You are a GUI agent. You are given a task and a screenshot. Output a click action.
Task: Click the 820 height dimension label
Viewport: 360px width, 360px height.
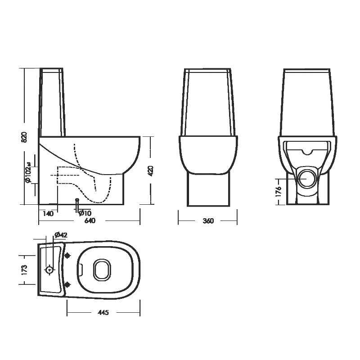coord(24,137)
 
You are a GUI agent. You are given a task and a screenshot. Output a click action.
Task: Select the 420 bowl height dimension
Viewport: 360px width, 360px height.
coord(151,171)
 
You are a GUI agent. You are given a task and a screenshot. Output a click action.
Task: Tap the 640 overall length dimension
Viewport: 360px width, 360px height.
coord(90,220)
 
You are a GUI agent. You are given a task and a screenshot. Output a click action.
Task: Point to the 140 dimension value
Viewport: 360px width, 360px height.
coord(48,213)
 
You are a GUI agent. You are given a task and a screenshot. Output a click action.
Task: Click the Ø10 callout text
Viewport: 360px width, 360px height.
coord(85,213)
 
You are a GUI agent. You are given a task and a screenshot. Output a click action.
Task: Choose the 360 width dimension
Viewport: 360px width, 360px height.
coord(208,221)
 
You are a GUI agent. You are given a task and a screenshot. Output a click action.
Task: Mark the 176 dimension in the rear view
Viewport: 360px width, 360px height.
coord(278,192)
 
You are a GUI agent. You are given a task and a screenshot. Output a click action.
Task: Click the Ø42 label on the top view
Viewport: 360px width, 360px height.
coord(61,235)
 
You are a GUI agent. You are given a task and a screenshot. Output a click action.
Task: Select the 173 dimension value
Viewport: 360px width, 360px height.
coord(24,270)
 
